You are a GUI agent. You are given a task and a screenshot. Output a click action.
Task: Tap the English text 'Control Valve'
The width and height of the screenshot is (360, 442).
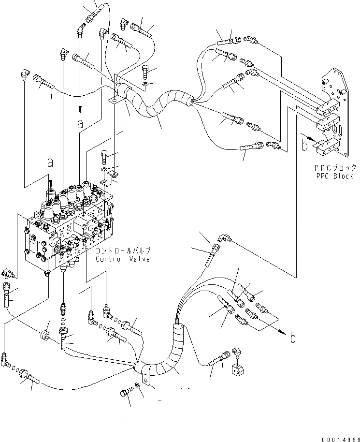tap(123, 259)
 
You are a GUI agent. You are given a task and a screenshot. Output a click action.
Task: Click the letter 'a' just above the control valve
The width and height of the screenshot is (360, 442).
tap(50, 164)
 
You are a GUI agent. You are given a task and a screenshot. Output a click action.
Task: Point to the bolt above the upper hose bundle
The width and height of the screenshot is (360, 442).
tap(146, 71)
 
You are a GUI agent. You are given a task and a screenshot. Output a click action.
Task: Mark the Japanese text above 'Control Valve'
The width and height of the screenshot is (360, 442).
tap(123, 250)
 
